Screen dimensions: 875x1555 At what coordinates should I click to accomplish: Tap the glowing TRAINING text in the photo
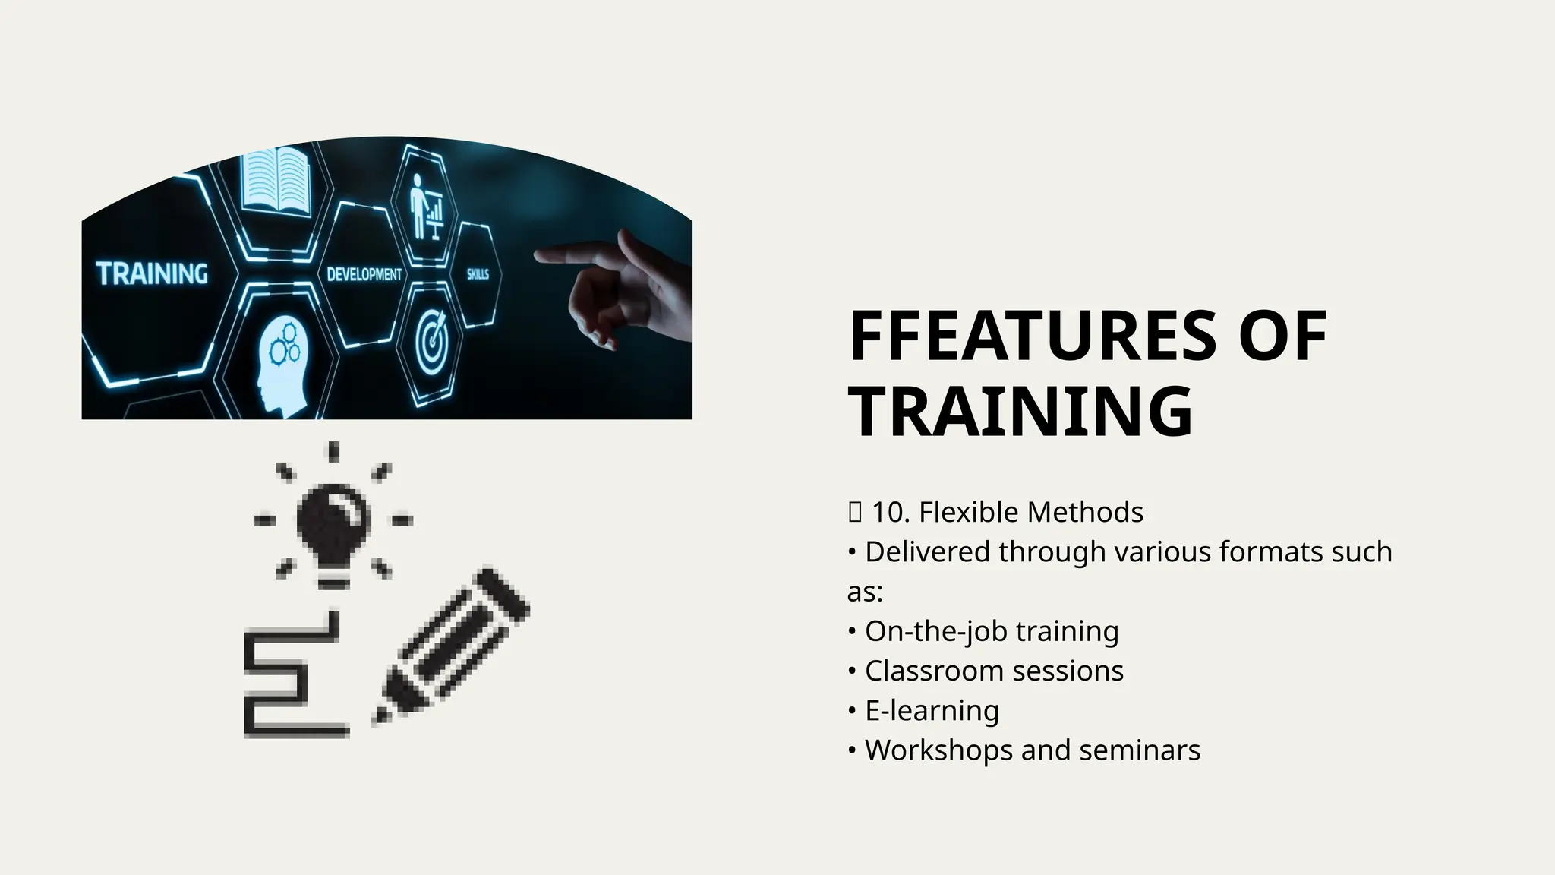point(152,273)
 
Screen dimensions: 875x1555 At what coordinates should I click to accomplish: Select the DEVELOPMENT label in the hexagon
point(364,274)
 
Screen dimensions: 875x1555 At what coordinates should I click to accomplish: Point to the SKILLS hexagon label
point(478,274)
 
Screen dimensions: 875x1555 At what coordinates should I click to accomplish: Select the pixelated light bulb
point(333,520)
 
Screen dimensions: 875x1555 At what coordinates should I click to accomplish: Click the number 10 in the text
point(888,512)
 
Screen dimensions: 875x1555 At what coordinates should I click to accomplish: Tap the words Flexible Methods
point(1030,512)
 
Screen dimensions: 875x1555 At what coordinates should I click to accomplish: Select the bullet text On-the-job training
point(991,631)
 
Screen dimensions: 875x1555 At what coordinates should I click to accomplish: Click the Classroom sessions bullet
point(993,671)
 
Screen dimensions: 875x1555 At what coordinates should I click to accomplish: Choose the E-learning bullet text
point(932,710)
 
